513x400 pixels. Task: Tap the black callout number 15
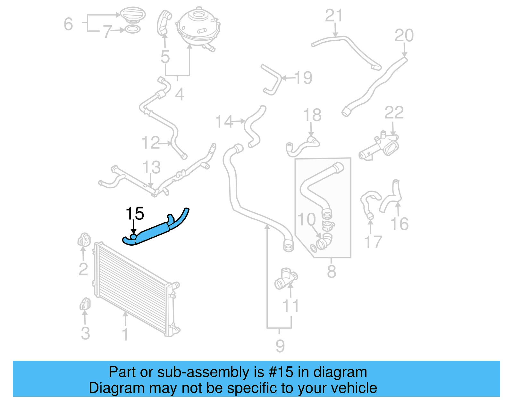[x=135, y=214]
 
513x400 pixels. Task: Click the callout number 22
[x=394, y=113]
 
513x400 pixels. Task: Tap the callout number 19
[x=303, y=78]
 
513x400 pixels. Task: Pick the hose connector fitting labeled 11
[x=285, y=279]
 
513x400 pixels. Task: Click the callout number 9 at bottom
[x=280, y=346]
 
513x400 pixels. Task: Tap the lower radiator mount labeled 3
[x=85, y=304]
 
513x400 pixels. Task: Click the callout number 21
[x=334, y=16]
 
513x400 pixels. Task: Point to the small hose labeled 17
[x=368, y=202]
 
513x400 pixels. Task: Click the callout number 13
[x=151, y=167]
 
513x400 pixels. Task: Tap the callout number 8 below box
[x=331, y=272]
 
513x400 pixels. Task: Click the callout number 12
[x=150, y=143]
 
